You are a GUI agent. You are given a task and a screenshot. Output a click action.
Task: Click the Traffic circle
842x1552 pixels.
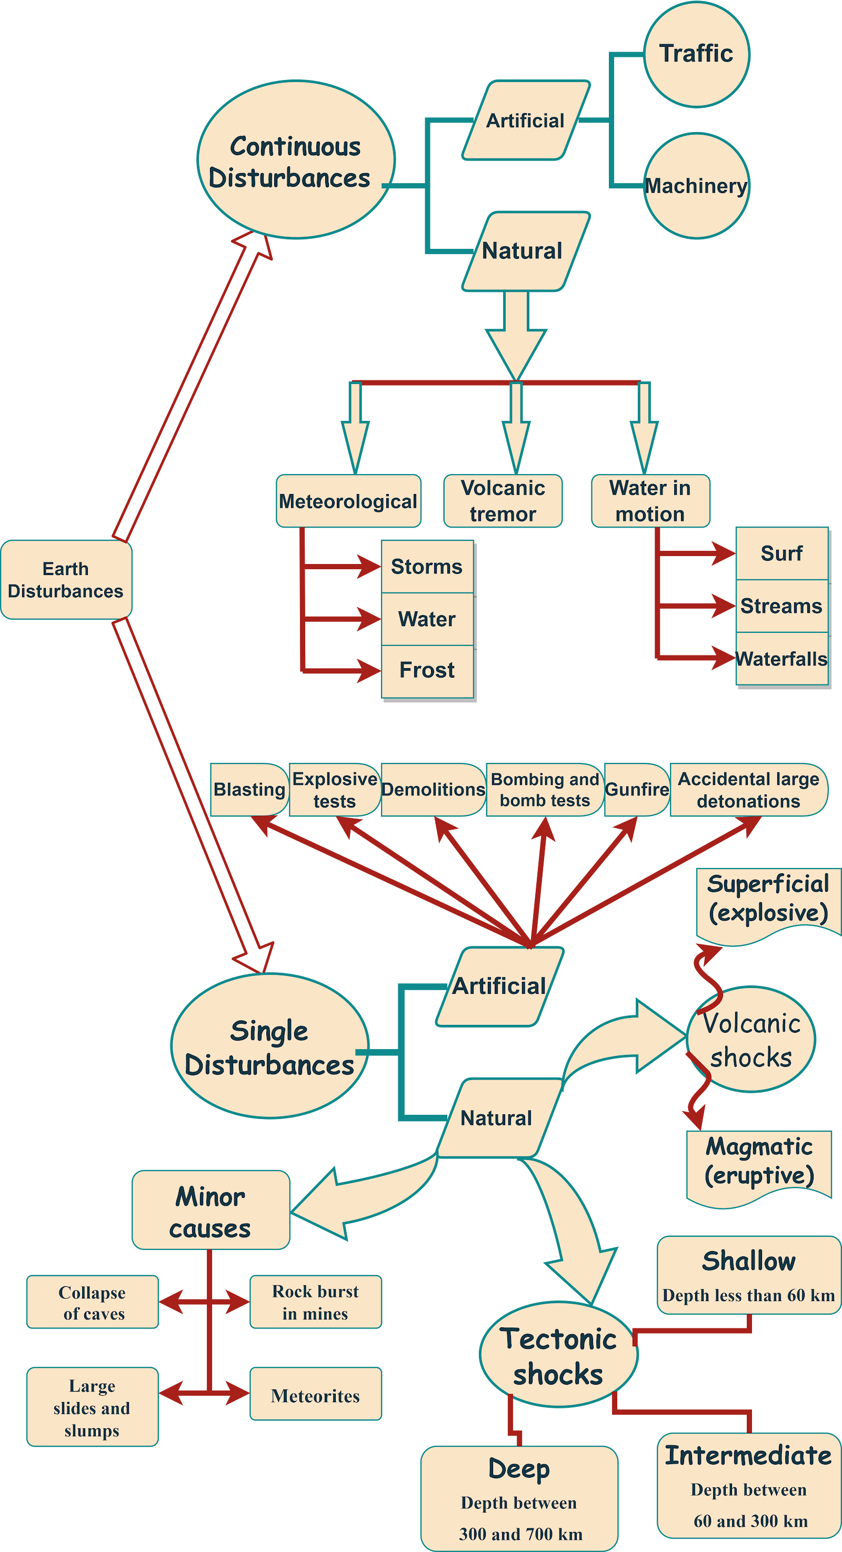tap(696, 54)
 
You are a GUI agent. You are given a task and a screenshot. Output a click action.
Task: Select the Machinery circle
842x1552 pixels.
tap(696, 186)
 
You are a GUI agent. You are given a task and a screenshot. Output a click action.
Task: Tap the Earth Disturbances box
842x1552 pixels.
tap(66, 580)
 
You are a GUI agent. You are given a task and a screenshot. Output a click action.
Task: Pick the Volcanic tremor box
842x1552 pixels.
tap(503, 501)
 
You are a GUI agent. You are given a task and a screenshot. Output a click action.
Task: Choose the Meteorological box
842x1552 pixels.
tap(348, 501)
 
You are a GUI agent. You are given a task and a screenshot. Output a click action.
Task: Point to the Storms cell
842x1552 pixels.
tap(427, 566)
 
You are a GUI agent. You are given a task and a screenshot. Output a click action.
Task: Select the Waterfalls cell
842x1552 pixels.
tap(781, 659)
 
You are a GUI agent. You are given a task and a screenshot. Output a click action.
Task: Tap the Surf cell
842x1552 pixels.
tap(781, 553)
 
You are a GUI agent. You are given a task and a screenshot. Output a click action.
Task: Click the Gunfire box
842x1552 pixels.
tap(636, 790)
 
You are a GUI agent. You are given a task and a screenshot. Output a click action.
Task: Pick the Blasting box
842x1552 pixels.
tap(249, 790)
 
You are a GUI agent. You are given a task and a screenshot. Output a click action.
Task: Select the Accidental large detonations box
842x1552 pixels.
tap(748, 790)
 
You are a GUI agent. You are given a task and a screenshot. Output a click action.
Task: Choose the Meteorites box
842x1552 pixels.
tap(315, 1396)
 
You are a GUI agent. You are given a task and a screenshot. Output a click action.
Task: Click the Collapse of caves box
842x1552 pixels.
tap(92, 1303)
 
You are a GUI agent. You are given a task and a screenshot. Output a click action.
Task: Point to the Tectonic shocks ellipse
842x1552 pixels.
tap(558, 1356)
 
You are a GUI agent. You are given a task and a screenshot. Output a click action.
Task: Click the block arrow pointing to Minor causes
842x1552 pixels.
tap(356, 1196)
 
